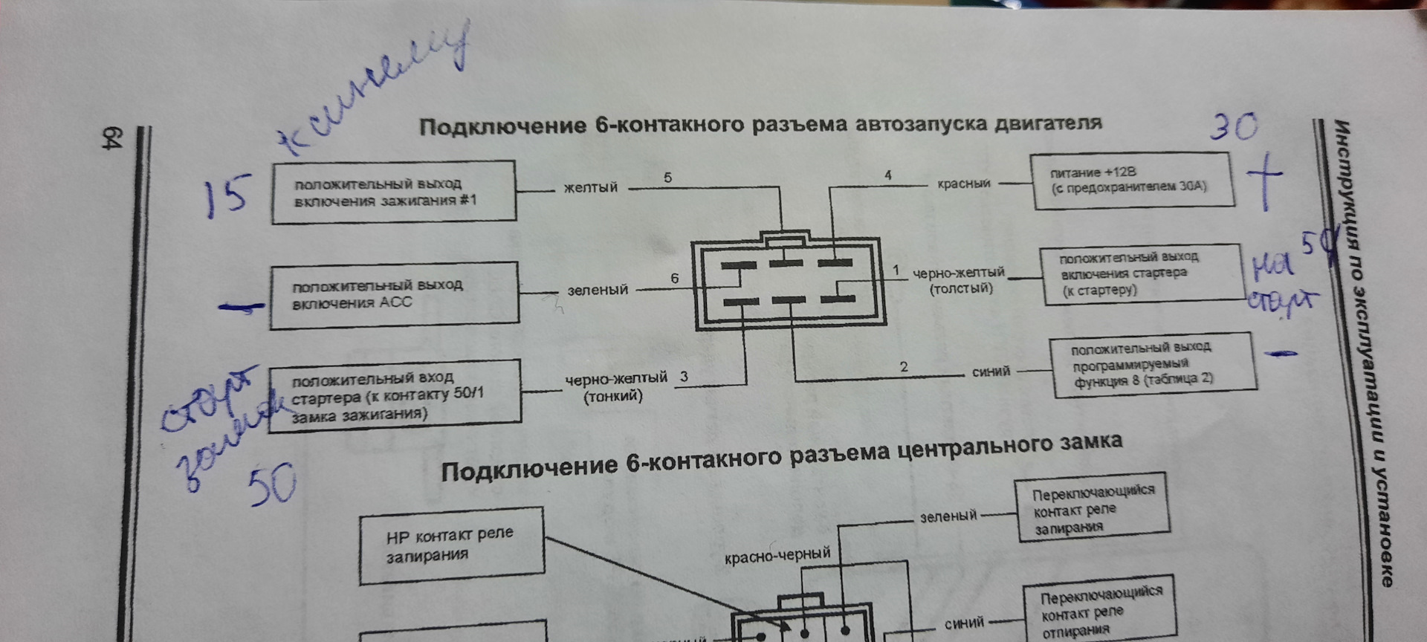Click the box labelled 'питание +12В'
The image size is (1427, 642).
coord(1130,181)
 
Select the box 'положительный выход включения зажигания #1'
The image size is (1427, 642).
coord(393,192)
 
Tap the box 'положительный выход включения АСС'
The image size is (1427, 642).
coord(394,295)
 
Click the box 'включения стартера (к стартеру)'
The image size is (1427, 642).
coord(1140,273)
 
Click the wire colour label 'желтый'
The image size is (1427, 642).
coord(590,188)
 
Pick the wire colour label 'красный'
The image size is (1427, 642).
coord(963,184)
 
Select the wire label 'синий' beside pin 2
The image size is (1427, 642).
coord(991,372)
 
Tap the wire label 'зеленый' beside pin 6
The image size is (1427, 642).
coord(598,291)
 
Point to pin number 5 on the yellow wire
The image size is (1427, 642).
coord(667,178)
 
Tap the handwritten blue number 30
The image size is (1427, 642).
coord(1234,127)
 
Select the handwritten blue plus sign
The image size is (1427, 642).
coord(1263,179)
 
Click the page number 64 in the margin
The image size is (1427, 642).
coord(112,139)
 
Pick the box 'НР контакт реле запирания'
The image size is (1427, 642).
coord(450,545)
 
